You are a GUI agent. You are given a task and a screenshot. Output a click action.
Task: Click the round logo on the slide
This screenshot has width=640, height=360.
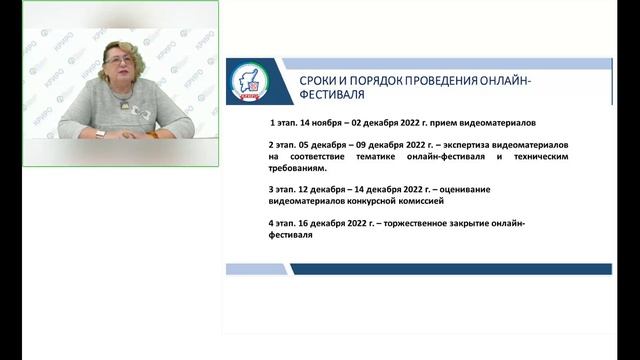pyautogui.click(x=250, y=80)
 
